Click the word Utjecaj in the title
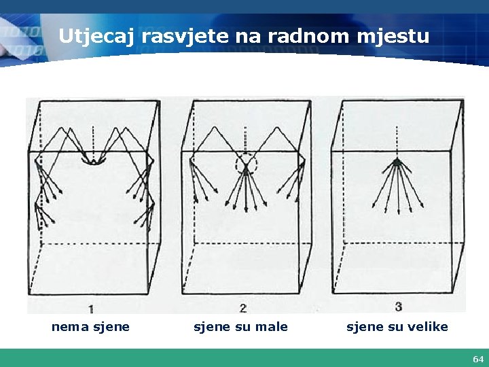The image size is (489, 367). [x=96, y=36]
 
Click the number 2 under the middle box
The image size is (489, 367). [x=242, y=306]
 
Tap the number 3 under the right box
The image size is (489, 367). [x=397, y=306]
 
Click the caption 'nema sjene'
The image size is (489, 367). [x=90, y=327]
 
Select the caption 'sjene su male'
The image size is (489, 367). [x=240, y=327]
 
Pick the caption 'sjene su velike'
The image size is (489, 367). [x=397, y=327]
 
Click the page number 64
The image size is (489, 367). [x=478, y=358]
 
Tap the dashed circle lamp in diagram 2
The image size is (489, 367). [x=246, y=164]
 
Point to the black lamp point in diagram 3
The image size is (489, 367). [x=397, y=163]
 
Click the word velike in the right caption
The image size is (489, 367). [x=429, y=327]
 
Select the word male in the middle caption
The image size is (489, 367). [x=274, y=327]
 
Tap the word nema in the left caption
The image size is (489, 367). [x=67, y=327]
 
